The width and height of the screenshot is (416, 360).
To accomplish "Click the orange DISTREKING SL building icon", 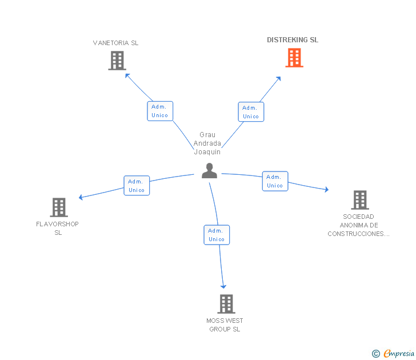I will [294, 58].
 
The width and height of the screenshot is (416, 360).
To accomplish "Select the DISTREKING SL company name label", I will [293, 40].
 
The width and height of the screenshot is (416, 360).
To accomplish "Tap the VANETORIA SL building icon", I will [117, 61].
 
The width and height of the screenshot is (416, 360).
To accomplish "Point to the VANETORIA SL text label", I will [116, 43].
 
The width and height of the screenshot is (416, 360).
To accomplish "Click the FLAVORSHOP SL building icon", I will [59, 207].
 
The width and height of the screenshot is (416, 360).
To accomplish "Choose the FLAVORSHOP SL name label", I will [58, 228].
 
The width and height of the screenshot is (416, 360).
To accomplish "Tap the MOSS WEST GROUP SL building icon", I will [226, 304].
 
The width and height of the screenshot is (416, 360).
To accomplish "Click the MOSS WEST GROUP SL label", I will [225, 325].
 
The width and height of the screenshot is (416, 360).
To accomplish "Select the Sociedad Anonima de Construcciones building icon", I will [359, 200].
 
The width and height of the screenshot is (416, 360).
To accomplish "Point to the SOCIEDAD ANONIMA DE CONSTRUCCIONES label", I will [359, 225].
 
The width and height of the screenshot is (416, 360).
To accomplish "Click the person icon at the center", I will [210, 171].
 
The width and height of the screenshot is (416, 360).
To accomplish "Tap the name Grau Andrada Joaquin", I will [207, 143].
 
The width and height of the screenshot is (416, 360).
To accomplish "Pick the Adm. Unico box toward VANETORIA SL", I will [160, 111].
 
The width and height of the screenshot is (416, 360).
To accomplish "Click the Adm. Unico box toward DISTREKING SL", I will [251, 112].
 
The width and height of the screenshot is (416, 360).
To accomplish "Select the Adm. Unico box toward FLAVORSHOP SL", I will [137, 186].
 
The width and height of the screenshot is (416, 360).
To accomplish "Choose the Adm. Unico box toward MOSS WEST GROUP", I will [217, 235].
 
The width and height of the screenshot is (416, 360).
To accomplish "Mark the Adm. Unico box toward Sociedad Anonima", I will [275, 181].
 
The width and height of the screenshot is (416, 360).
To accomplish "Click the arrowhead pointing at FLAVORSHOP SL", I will [81, 198].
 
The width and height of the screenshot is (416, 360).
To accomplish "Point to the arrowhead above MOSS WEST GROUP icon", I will [223, 286].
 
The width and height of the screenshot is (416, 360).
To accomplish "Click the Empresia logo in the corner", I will [394, 353].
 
